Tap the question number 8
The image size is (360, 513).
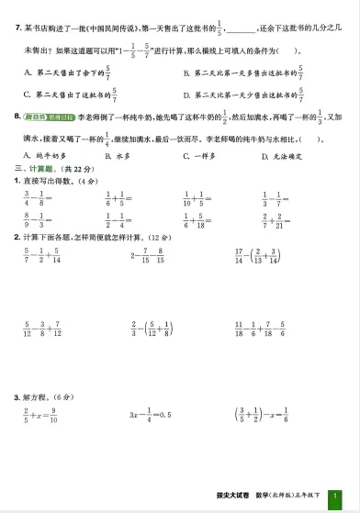(17, 116)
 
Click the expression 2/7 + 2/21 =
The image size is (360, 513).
(277, 221)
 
